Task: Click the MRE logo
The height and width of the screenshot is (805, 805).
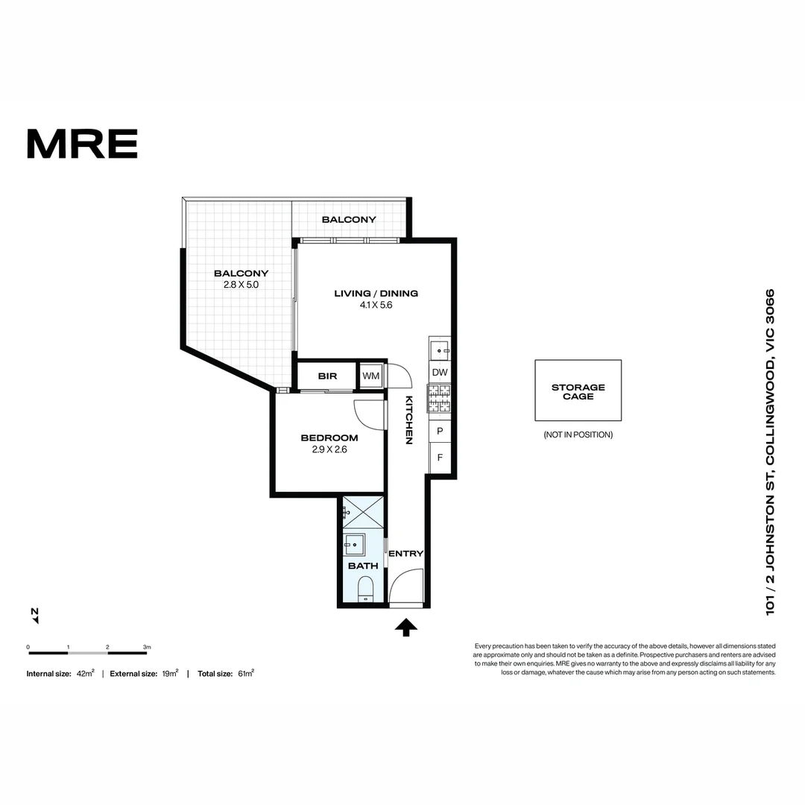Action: [82, 144]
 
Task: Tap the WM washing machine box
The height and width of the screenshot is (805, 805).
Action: [371, 376]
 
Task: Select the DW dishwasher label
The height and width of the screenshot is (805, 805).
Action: [440, 373]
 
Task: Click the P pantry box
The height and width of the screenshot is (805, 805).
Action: [440, 431]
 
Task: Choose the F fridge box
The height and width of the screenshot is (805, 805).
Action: [440, 458]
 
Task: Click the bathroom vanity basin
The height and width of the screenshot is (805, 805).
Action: [354, 544]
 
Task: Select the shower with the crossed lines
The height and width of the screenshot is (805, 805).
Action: [363, 512]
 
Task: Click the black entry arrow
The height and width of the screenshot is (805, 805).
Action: [405, 628]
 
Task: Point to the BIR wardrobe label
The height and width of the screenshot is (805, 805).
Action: [327, 376]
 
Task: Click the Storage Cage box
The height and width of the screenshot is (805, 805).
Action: [578, 391]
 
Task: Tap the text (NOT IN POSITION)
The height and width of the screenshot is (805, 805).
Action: [578, 435]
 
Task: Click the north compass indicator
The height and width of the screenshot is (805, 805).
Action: [34, 616]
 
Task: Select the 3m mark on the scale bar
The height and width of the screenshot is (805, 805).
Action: [147, 647]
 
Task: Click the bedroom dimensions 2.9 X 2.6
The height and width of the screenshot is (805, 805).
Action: [329, 449]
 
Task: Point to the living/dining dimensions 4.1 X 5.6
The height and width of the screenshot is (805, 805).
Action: [376, 305]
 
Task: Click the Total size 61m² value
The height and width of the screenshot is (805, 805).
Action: [245, 673]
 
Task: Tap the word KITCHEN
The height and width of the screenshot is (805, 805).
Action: [408, 420]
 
